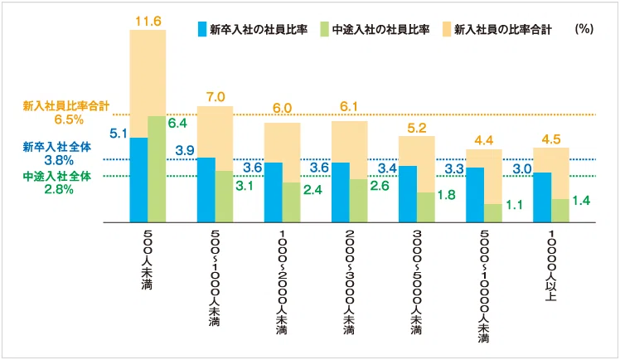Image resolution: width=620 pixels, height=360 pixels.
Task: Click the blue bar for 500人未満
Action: pos(139,179)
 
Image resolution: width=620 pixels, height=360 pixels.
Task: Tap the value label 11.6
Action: pos(148,18)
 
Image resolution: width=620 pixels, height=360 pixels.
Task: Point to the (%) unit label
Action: pos(583,28)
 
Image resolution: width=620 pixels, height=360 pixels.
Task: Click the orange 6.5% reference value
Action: pos(42,119)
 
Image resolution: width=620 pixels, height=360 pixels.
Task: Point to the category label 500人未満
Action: pos(148,260)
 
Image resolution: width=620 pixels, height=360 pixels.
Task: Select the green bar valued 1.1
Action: pos(492,213)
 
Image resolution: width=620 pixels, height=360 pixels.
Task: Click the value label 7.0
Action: pos(216,95)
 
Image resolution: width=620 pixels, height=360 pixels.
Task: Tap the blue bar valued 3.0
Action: pos(542,197)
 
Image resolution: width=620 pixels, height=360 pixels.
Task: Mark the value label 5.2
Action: pos(417,127)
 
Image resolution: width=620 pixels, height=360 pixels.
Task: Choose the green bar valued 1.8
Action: pos(425,207)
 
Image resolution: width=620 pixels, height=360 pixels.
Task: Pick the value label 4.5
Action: pos(551,139)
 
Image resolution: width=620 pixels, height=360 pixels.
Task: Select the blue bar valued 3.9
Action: pos(206,189)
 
